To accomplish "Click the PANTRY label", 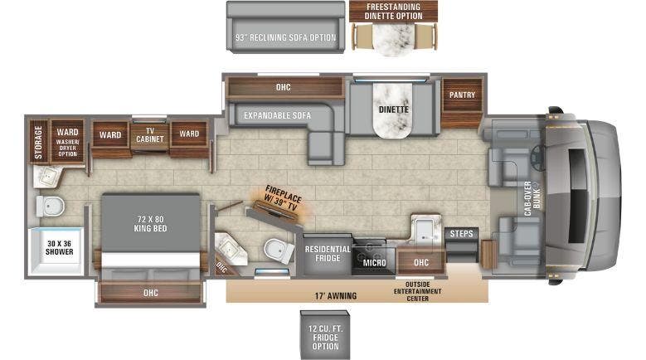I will point(462,95).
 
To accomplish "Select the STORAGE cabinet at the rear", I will point(38,143).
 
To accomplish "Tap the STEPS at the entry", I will point(460,235).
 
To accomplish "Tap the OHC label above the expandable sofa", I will point(284,86).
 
